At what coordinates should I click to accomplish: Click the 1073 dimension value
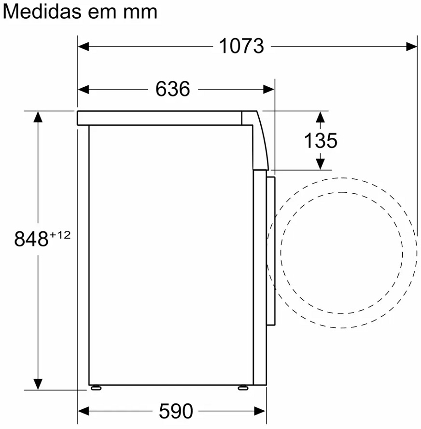tap(241, 46)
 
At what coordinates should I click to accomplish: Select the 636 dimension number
tap(172, 89)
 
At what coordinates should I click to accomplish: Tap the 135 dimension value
tap(321, 141)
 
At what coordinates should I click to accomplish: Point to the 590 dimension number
tap(176, 411)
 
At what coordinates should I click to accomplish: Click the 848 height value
tap(31, 239)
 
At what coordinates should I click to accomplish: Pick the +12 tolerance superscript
tap(60, 235)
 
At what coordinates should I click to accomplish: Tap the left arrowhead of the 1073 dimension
tap(84, 46)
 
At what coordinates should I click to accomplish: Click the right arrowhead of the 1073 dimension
tap(412, 46)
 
